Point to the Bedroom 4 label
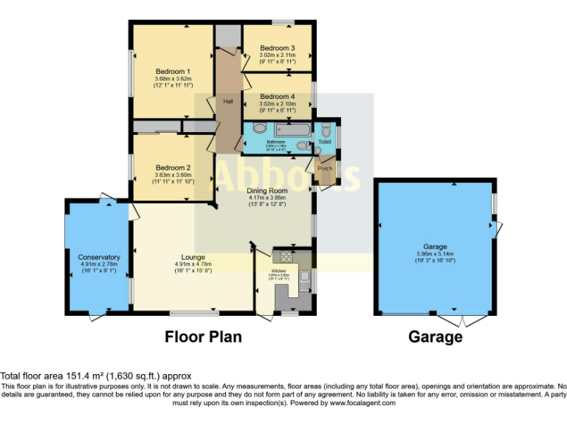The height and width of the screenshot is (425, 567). click(x=277, y=97)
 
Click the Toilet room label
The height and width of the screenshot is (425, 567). click(x=325, y=140)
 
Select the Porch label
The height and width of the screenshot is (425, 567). click(x=325, y=169)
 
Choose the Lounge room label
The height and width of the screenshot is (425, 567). click(x=193, y=257)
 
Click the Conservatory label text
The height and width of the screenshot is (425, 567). click(x=99, y=257)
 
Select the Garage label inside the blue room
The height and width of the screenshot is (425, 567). click(x=435, y=246)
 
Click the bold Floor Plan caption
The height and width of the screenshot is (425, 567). click(x=202, y=337)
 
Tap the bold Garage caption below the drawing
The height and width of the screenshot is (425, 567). click(x=436, y=337)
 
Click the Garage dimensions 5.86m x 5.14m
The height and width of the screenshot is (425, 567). click(x=435, y=254)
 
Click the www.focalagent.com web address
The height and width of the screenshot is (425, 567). click(x=362, y=403)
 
